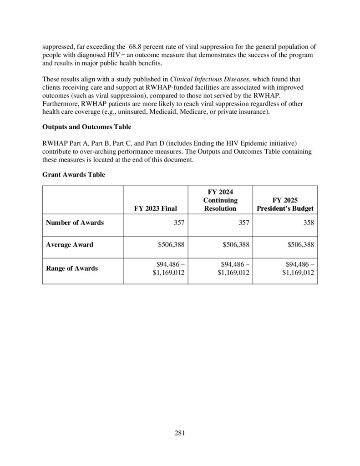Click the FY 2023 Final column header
155,208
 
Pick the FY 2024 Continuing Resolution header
220,200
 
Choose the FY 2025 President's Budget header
285,204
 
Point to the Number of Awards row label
75,223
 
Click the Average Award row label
70,245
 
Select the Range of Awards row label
72,268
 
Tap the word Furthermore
61,103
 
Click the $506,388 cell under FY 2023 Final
172,245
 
